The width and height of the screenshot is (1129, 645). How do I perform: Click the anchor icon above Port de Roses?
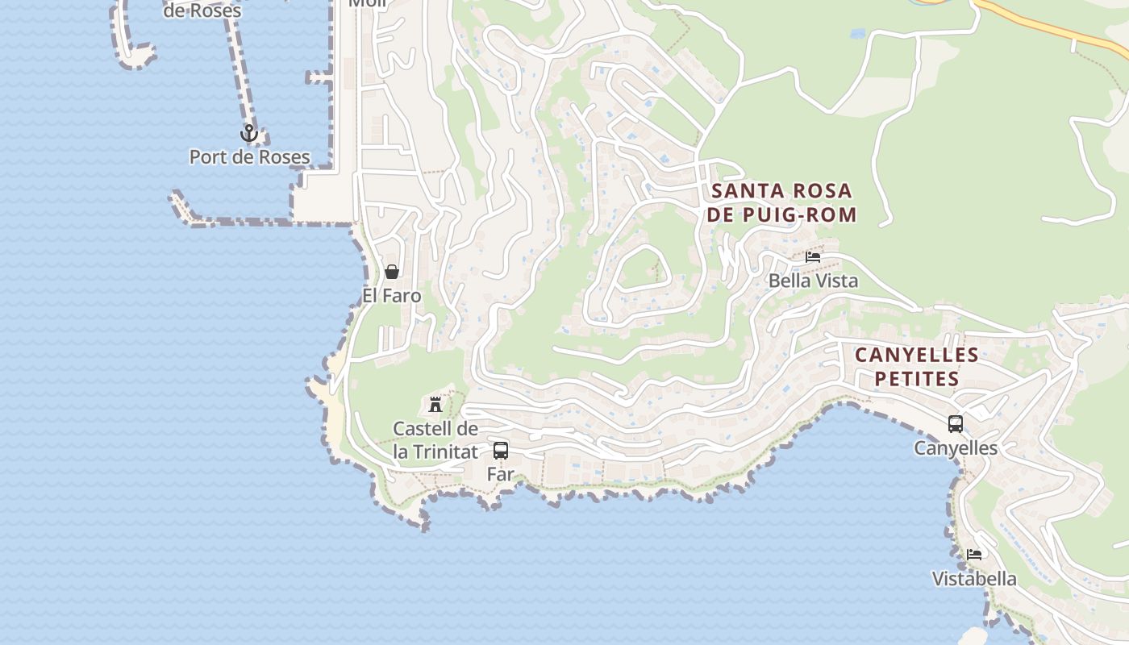click(249, 133)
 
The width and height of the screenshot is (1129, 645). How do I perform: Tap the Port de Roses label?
click(249, 156)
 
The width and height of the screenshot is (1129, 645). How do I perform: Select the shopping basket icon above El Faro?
click(392, 272)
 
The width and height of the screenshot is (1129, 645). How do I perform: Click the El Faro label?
click(392, 296)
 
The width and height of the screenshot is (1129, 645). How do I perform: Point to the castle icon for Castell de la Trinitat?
click(435, 404)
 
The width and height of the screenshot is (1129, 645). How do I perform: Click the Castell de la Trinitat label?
click(435, 440)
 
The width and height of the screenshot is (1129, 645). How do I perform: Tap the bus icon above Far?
click(501, 450)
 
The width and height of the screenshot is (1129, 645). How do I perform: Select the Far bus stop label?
click(501, 474)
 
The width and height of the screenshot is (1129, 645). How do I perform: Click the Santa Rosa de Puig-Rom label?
click(782, 202)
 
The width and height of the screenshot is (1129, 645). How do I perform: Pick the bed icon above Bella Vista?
click(813, 257)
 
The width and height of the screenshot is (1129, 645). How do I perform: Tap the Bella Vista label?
click(813, 281)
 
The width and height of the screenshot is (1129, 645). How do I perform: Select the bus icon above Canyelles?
click(956, 423)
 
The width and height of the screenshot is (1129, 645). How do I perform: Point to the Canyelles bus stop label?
click(956, 448)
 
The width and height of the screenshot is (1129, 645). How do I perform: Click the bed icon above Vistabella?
click(974, 555)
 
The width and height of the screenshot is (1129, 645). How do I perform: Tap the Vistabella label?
click(974, 579)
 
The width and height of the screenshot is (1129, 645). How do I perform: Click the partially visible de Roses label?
click(202, 11)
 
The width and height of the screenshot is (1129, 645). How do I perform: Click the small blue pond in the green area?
click(857, 34)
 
